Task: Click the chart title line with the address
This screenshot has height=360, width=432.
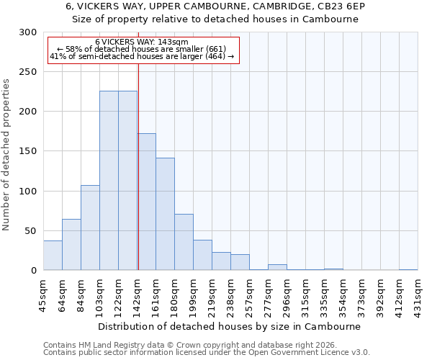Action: pos(215,6)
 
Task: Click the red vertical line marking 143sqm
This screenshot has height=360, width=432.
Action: pos(138,166)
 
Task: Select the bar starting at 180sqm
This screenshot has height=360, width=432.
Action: pos(184,242)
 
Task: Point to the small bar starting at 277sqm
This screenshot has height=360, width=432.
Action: pos(277,267)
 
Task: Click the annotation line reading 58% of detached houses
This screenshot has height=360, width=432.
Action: pos(141,49)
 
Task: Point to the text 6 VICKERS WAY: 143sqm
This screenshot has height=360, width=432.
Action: pos(141,42)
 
